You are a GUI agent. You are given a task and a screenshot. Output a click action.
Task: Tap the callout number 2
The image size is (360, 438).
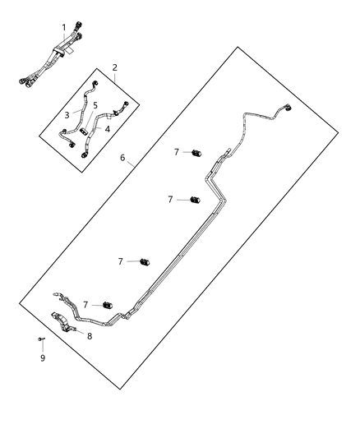[x=115, y=68]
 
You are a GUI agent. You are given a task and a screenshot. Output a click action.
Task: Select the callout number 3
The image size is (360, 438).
[x=67, y=115]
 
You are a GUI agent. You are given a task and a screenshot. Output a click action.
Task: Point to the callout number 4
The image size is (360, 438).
[x=108, y=129]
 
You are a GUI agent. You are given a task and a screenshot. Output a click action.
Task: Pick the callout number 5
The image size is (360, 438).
[x=95, y=106]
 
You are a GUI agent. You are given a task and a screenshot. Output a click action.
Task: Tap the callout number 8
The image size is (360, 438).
[x=90, y=335]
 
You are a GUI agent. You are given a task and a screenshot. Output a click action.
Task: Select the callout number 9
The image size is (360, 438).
[x=44, y=358]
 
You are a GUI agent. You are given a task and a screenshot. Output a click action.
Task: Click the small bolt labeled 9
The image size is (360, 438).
[x=39, y=339]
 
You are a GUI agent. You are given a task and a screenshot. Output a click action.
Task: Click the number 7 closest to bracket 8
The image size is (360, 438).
[x=85, y=305]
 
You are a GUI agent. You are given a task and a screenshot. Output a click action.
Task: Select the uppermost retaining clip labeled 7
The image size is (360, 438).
[x=197, y=153]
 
